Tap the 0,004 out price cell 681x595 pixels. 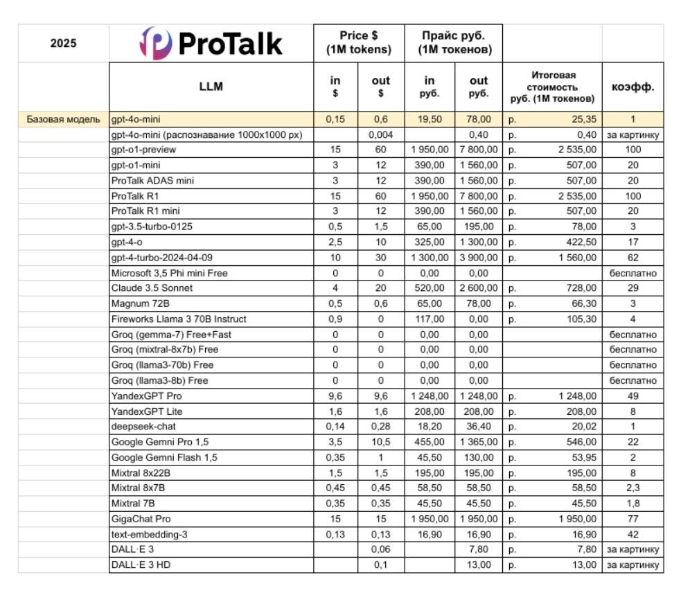pyautogui.click(x=381, y=134)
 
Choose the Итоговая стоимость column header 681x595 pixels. pyautogui.click(x=553, y=87)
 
